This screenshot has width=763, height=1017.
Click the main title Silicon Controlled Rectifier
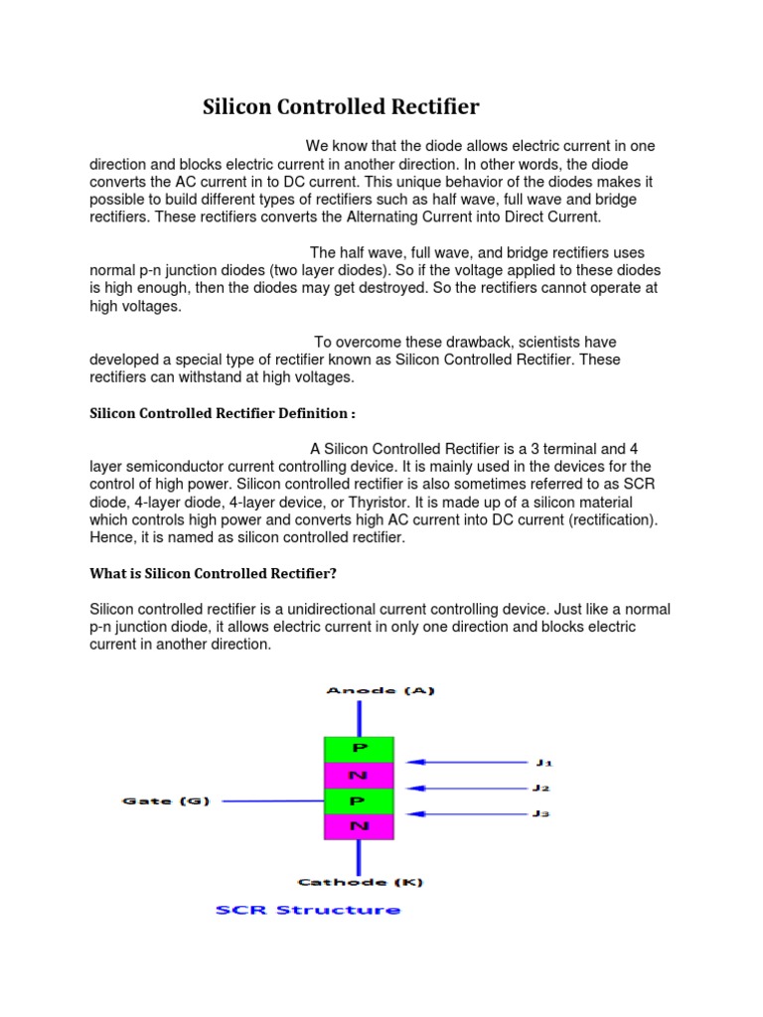[341, 106]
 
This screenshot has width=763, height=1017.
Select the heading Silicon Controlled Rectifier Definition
[220, 413]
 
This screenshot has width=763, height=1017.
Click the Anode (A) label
[381, 690]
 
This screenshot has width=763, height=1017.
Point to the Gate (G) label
[165, 800]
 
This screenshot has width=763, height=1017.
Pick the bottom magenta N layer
[359, 826]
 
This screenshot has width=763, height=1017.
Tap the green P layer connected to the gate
[359, 800]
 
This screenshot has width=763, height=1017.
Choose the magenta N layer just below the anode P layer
[359, 775]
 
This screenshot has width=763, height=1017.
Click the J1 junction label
[543, 763]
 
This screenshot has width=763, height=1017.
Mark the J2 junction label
[541, 789]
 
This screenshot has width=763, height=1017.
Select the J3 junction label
[541, 814]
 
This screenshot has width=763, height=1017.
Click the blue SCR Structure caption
[308, 910]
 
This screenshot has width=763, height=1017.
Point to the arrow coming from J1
[467, 763]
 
